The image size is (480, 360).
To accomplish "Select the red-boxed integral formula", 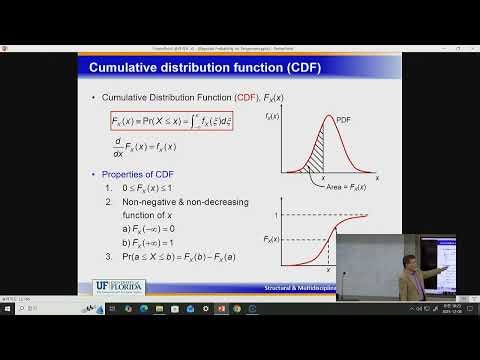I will point(172,121).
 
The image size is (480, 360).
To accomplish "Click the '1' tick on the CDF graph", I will point(277,215).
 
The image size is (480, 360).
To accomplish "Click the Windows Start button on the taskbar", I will point(8,308).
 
